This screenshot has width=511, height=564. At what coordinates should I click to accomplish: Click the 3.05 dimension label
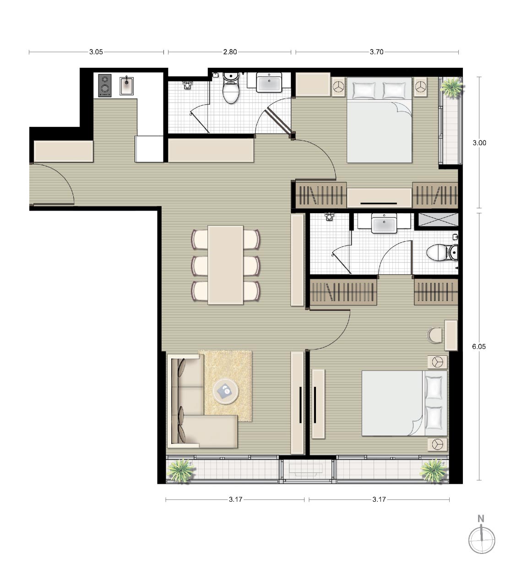(96, 52)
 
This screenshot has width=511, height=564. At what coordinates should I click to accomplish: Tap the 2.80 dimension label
(230, 52)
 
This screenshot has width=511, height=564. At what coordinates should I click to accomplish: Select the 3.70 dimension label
(376, 52)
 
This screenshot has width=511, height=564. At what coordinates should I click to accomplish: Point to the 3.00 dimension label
(479, 143)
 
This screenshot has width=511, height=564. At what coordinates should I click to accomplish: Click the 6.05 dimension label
(479, 347)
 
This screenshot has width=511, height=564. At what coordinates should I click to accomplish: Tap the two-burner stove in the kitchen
(104, 86)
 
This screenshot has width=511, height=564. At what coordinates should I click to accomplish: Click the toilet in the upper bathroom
(231, 88)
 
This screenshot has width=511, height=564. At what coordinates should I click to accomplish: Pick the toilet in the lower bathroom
(442, 253)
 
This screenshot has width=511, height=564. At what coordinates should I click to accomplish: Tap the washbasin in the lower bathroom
(384, 223)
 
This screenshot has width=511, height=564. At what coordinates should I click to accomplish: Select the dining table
(226, 265)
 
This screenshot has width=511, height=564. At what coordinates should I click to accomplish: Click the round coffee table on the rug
(226, 391)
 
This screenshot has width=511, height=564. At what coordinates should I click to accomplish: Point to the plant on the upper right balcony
(451, 87)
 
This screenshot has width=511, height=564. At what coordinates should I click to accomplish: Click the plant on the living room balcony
(181, 471)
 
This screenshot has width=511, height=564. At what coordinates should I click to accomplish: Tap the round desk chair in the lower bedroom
(435, 335)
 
